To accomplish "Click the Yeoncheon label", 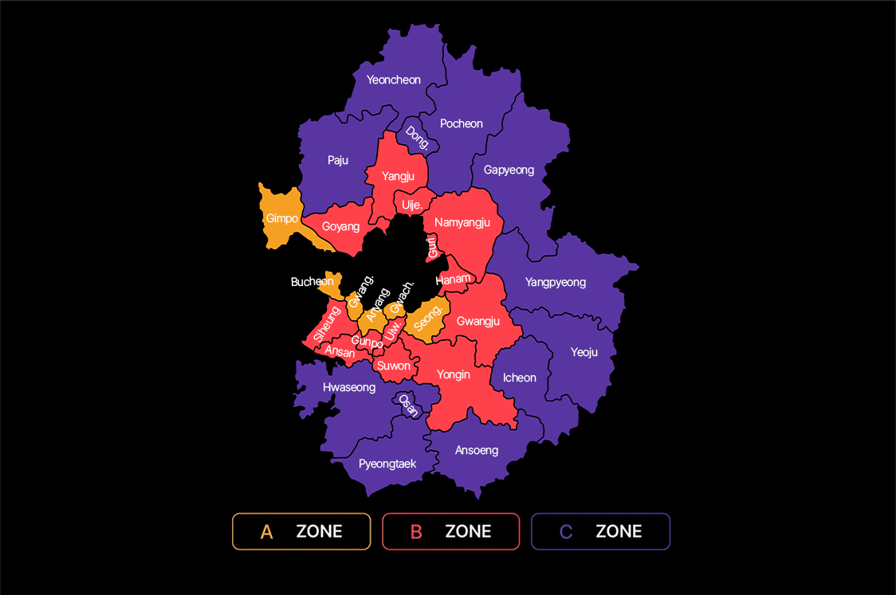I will pos(394,80).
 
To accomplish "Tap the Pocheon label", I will pos(462,123).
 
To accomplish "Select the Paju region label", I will pos(338,160).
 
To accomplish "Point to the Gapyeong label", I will pos(509,170).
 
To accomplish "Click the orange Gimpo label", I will pos(282,218).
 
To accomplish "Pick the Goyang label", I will pos(340,226).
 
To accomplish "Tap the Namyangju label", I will pos(462,222).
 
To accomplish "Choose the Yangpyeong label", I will pos(556,282).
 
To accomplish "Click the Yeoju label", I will pos(584,351).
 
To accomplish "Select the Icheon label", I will pos(520,378).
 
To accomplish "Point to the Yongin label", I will pos(454,374).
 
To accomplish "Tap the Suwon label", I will pos(394,366).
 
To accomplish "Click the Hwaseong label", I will pos(349,387).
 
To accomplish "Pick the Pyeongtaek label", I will pos(387,464).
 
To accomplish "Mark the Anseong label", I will pos(477,450).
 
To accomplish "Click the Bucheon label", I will pos(312,281).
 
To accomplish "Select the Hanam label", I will pos(454,280).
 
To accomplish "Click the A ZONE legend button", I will pos(301,531).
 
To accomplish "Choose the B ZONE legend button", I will pos(451,531).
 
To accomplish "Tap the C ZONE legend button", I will pos(600,531).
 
